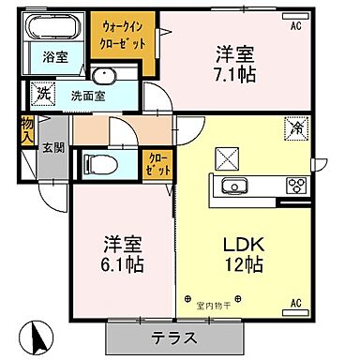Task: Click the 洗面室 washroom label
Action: [85, 95]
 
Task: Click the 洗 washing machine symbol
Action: [42, 94]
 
